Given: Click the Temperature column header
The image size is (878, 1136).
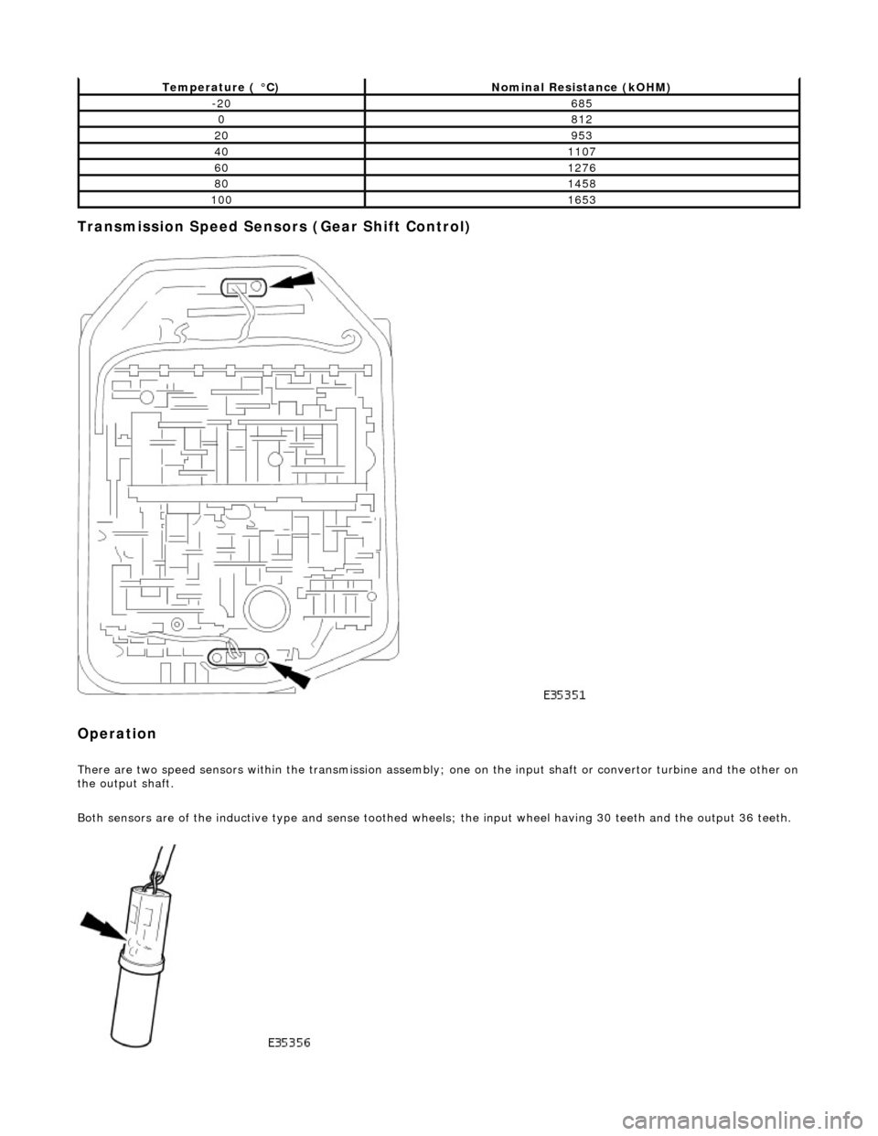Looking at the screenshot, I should coord(220,86).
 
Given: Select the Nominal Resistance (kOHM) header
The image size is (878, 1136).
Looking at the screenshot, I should coord(581,86).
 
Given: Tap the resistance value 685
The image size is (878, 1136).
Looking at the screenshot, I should coord(581,103).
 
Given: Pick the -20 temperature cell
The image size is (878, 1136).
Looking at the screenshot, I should coord(220,103).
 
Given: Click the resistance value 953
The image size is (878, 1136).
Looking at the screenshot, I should coord(581,135).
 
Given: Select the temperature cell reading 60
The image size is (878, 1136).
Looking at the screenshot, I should coord(220,167).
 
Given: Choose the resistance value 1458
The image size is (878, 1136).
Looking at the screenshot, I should coord(581,184).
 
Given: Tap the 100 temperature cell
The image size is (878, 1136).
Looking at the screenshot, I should coord(220,199).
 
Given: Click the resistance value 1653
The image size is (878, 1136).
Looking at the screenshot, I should coord(581,199).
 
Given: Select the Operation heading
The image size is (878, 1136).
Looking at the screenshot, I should coord(116,734).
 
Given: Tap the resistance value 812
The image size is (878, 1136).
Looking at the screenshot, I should coord(581,120).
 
